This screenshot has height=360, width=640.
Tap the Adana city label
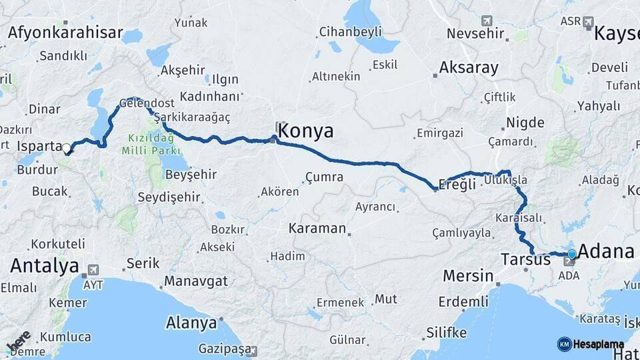point(606,252)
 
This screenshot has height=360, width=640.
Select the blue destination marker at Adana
point(571,254)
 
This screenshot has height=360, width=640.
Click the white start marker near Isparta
point(67,149)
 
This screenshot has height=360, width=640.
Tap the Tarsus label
point(527,259)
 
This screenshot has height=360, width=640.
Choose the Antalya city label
point(44,267)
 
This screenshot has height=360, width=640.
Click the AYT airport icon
point(92,271)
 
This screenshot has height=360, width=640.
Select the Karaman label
point(317,229)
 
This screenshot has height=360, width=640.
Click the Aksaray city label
point(469,68)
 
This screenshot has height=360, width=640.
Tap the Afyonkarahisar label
point(66,33)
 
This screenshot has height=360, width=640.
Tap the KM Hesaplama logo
point(590,344)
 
